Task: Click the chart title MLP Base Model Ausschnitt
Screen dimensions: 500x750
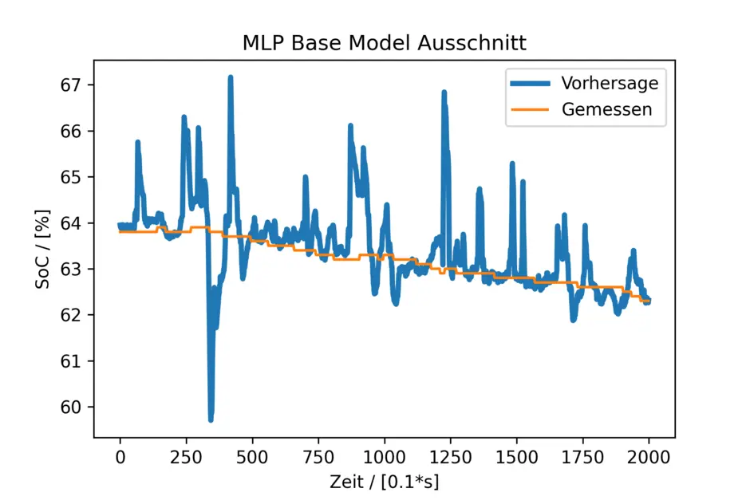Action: coord(385,43)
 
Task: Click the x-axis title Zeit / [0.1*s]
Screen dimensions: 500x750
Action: coord(385,482)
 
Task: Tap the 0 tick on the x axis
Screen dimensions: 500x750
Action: coord(120,457)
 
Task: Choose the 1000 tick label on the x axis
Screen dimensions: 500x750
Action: coord(385,457)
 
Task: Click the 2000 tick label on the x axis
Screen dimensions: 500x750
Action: coord(649,457)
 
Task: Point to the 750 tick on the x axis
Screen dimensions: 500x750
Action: coord(318,457)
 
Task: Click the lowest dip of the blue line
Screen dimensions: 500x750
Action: coord(211,419)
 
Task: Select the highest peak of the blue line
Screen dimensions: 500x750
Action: coord(230,77)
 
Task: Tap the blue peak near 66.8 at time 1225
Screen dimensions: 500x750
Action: coord(444,93)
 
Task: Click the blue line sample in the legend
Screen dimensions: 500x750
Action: coord(531,83)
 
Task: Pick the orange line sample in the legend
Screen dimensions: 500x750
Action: coord(531,109)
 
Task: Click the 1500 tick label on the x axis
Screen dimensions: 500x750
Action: coord(516,457)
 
